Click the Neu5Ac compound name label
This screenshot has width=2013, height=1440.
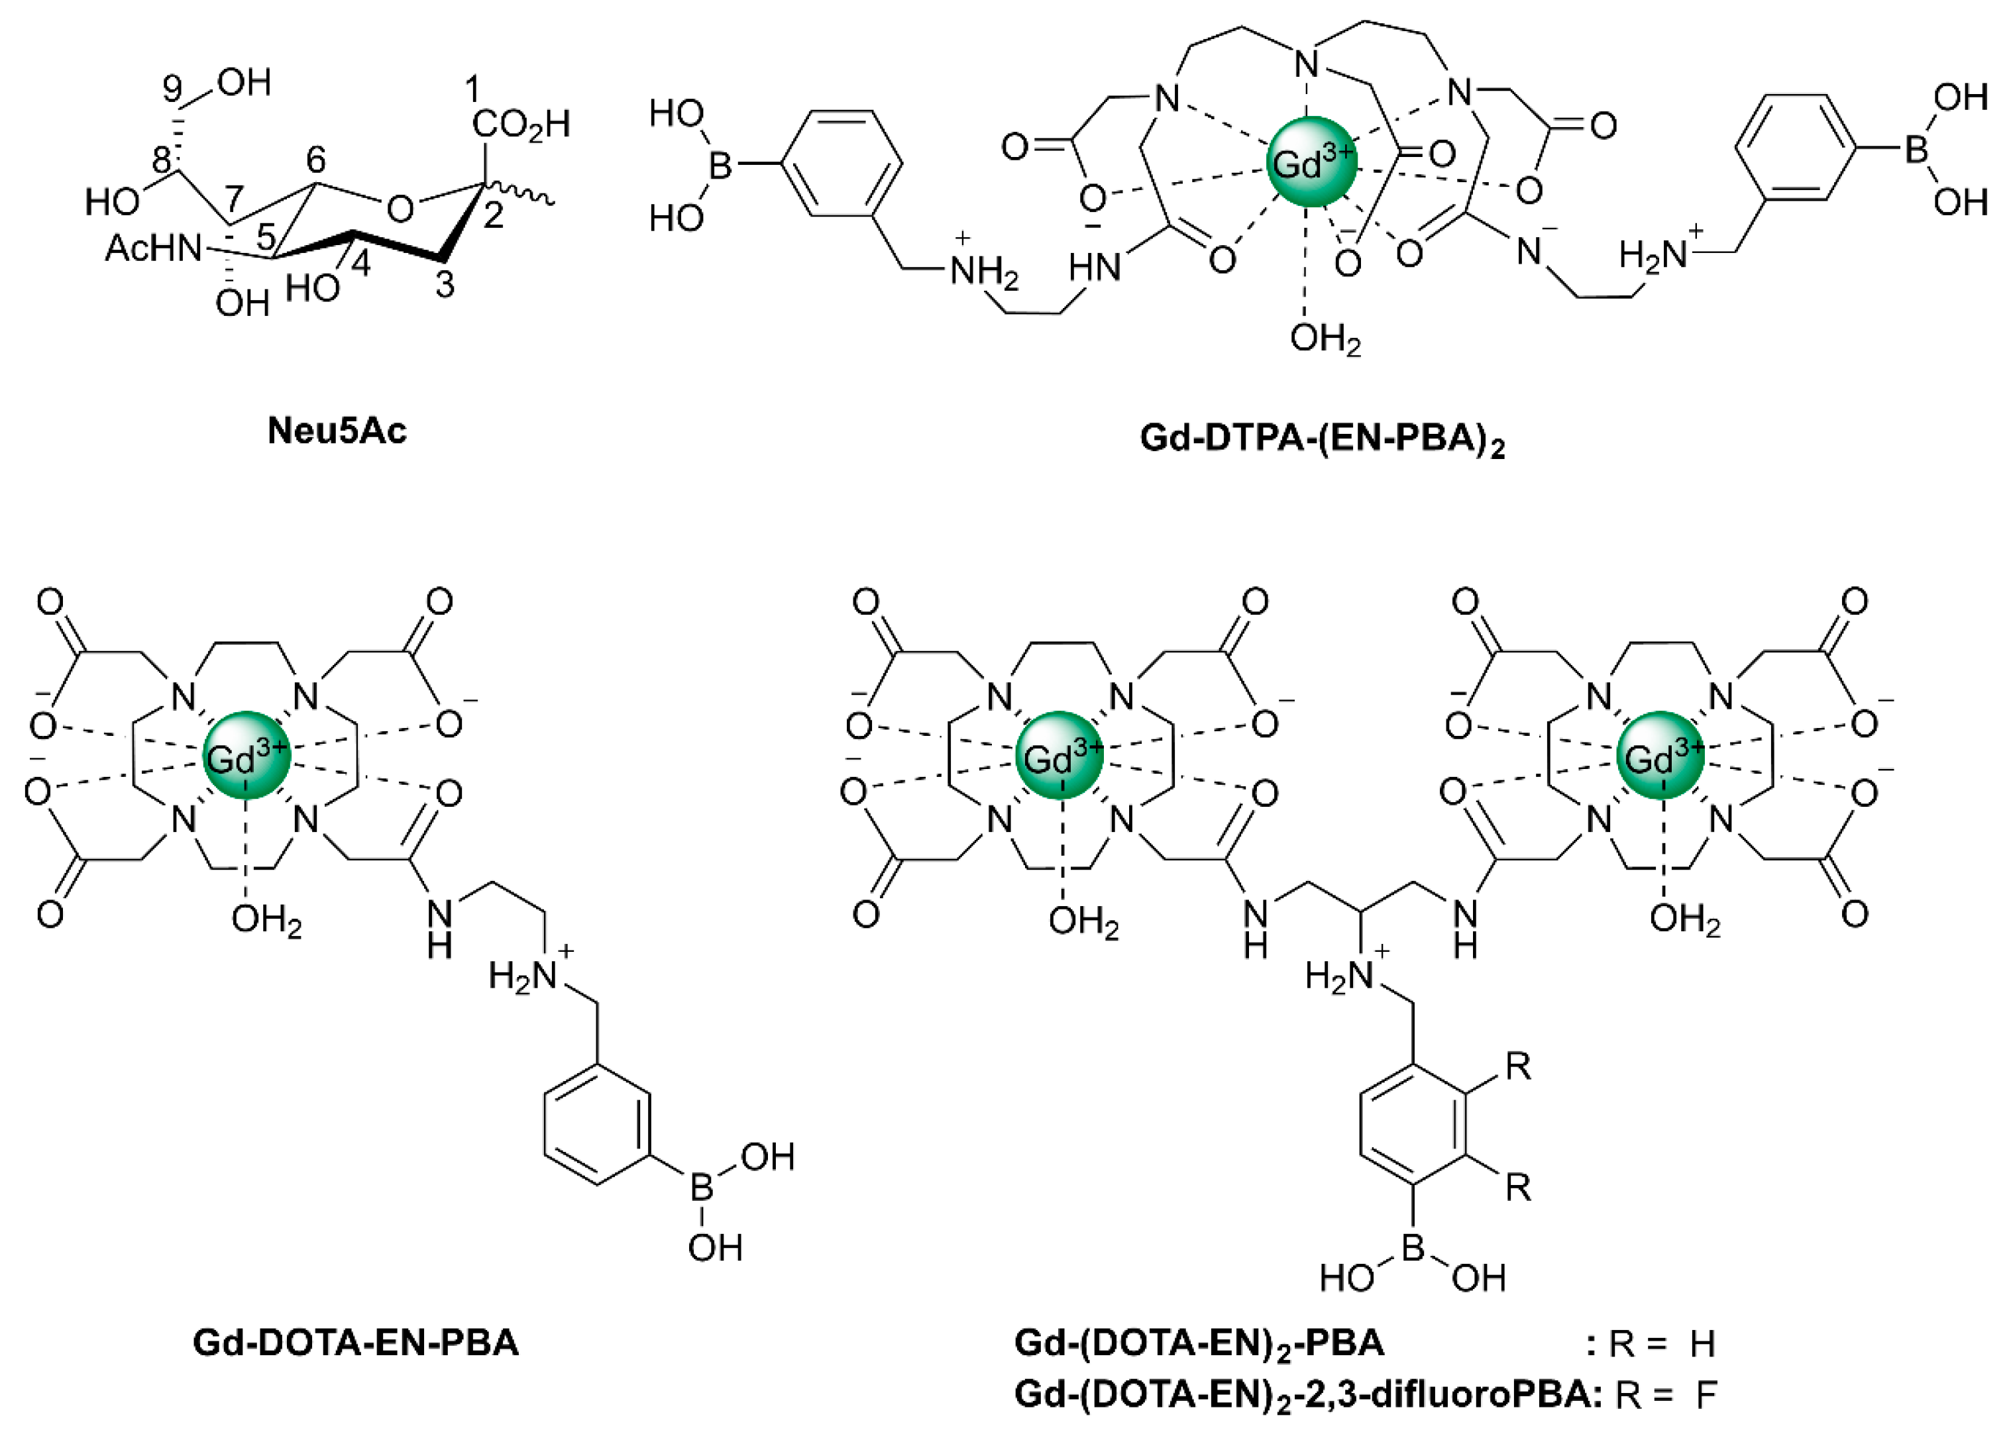point(337,431)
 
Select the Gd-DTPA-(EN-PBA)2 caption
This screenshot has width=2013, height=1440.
point(1321,440)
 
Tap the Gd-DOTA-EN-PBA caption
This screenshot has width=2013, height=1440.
point(354,1343)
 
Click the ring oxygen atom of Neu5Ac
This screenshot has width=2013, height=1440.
point(400,209)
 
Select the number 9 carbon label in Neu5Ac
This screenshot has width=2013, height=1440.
point(173,89)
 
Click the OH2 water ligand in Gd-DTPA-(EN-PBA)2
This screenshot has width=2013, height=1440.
point(1325,338)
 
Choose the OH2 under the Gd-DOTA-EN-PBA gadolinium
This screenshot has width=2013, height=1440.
point(266,921)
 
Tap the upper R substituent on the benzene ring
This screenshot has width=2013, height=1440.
point(1518,1066)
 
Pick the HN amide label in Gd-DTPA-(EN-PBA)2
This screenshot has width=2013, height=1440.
point(1095,266)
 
